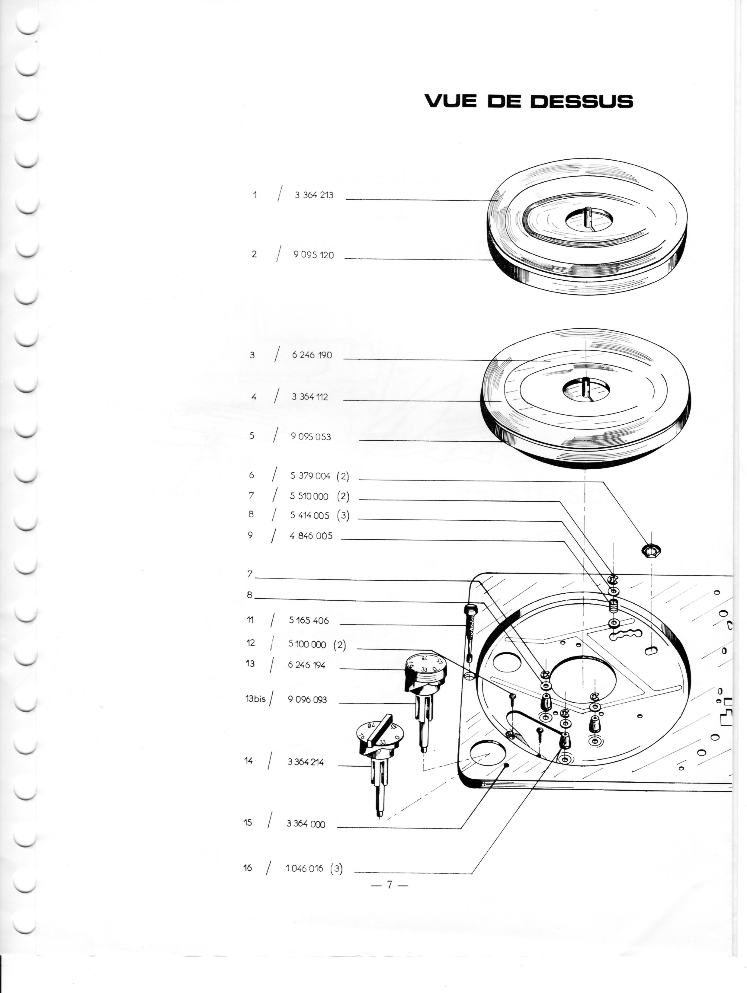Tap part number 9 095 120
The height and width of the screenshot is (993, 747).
tap(313, 255)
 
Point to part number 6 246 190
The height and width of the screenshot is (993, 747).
tap(312, 355)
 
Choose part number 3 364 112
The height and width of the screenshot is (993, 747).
tap(309, 397)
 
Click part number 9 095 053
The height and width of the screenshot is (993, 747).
tap(311, 436)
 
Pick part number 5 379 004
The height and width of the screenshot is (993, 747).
tap(310, 476)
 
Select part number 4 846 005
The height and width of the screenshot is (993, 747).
tap(311, 536)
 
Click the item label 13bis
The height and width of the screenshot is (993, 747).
tap(255, 699)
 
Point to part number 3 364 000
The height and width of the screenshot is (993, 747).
tap(306, 824)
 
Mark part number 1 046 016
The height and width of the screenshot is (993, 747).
tap(304, 868)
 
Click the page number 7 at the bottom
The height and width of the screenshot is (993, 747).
tap(390, 884)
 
